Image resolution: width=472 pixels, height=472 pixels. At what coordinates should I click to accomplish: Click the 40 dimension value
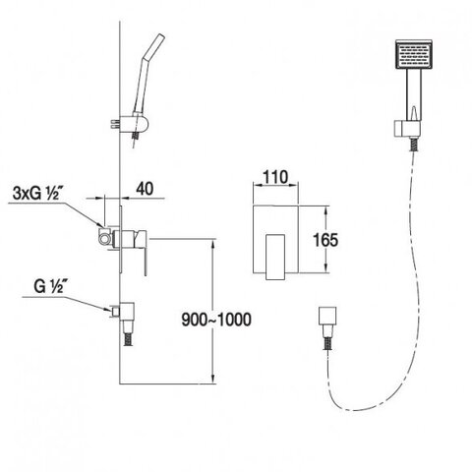(x=145, y=189)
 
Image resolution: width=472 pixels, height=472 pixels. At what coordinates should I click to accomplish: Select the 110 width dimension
(x=275, y=177)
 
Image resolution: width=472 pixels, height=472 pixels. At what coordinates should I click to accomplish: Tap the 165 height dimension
(x=325, y=240)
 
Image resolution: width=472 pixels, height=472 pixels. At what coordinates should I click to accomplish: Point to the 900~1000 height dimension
(x=216, y=320)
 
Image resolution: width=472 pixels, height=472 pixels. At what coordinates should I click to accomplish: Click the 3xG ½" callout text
(x=36, y=194)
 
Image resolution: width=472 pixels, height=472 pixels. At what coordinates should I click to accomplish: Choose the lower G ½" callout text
(x=48, y=287)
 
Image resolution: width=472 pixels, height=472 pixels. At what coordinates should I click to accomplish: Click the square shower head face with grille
(x=414, y=55)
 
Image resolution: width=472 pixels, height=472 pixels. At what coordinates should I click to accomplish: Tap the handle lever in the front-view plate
(x=274, y=257)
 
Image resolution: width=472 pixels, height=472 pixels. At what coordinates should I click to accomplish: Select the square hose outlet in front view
(x=327, y=316)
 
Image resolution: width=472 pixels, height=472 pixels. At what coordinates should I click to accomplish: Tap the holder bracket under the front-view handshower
(x=406, y=129)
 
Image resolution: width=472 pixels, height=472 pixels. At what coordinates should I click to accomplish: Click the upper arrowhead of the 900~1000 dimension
(x=213, y=244)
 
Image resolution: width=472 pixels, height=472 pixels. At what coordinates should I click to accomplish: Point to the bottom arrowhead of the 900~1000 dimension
(x=213, y=378)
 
